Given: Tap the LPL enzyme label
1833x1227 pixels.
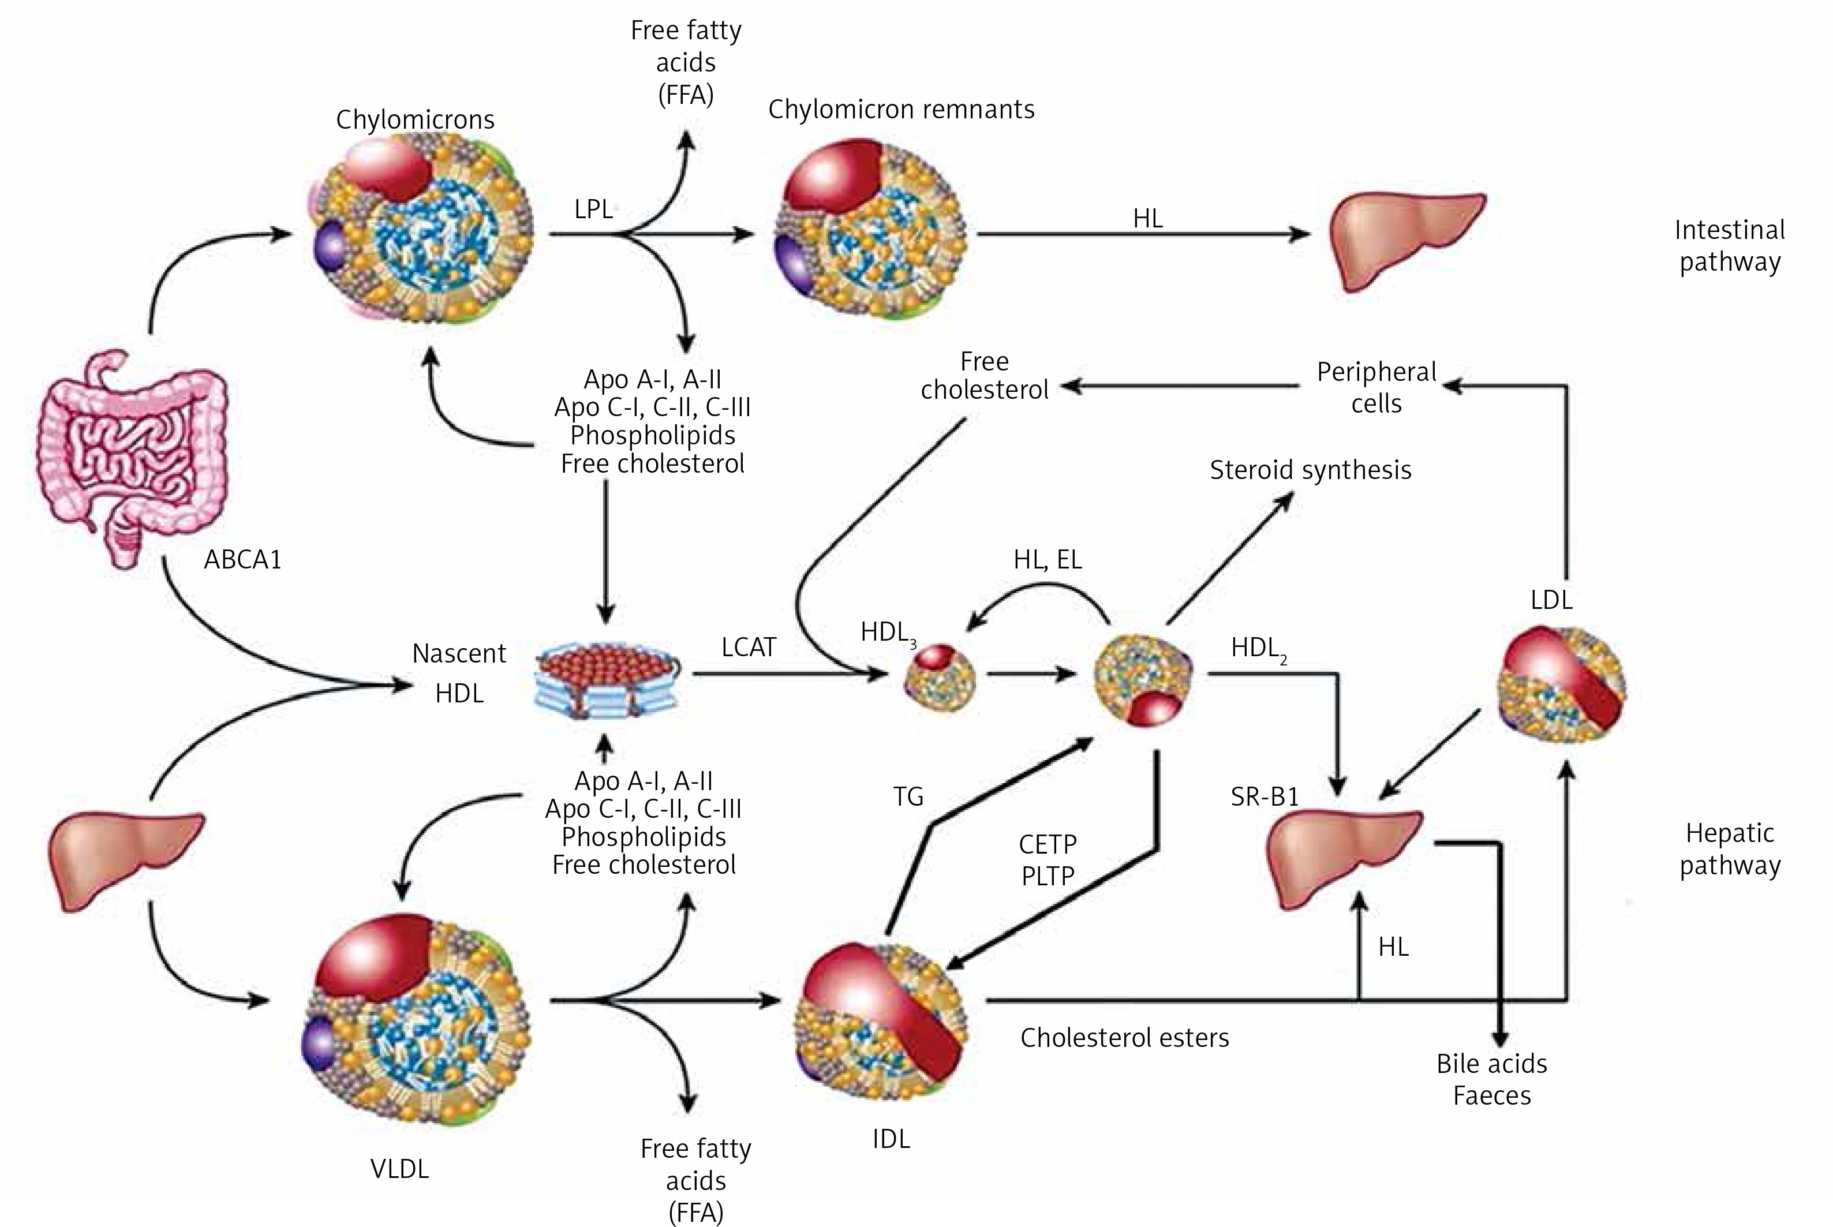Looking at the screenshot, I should coord(593,210).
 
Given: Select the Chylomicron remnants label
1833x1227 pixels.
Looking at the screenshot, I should coord(901,110).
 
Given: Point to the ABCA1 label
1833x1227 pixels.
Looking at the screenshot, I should coord(242,559).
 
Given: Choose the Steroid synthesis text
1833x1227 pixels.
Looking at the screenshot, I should coord(1311,470).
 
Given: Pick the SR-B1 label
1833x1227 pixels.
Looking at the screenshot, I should coord(1265,796).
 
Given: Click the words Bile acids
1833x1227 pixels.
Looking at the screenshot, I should coord(1491,1064).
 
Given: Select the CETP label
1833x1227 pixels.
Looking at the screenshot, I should coord(1048,844).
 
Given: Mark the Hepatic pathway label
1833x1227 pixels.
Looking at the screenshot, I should coord(1730,849).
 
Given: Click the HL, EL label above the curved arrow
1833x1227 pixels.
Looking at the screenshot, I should coord(1048,559).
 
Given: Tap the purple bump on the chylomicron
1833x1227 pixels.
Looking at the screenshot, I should coord(332,246).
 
